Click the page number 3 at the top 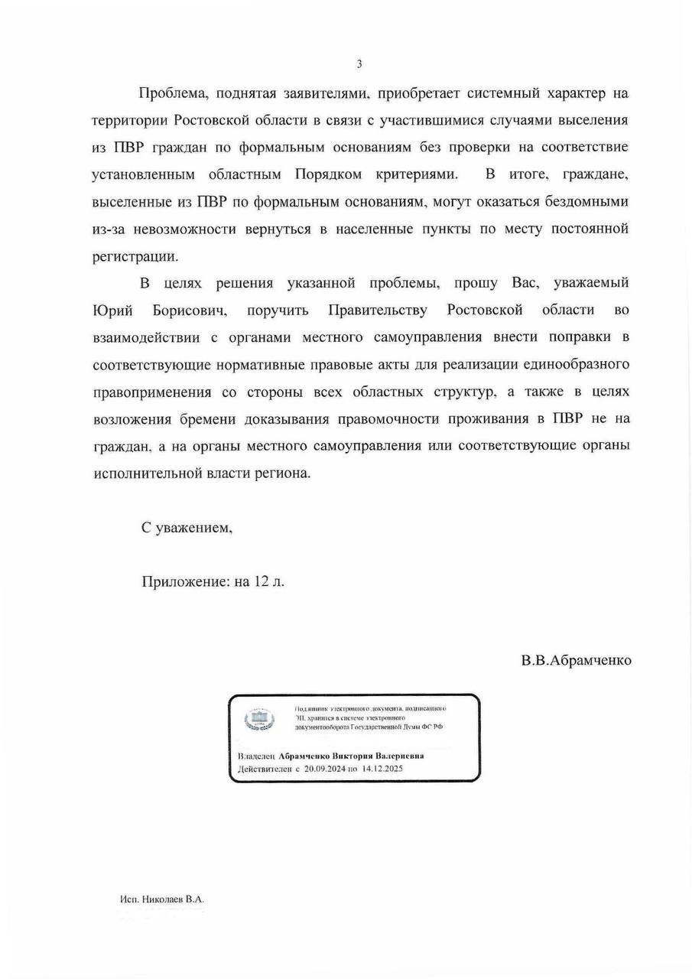click(x=359, y=64)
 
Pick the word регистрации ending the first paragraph click(x=135, y=256)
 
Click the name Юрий click(x=113, y=311)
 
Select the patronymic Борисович click(x=190, y=311)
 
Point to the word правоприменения click(x=151, y=392)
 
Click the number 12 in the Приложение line click(x=264, y=581)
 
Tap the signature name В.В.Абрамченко click(x=576, y=660)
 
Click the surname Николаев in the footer click(x=162, y=899)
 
